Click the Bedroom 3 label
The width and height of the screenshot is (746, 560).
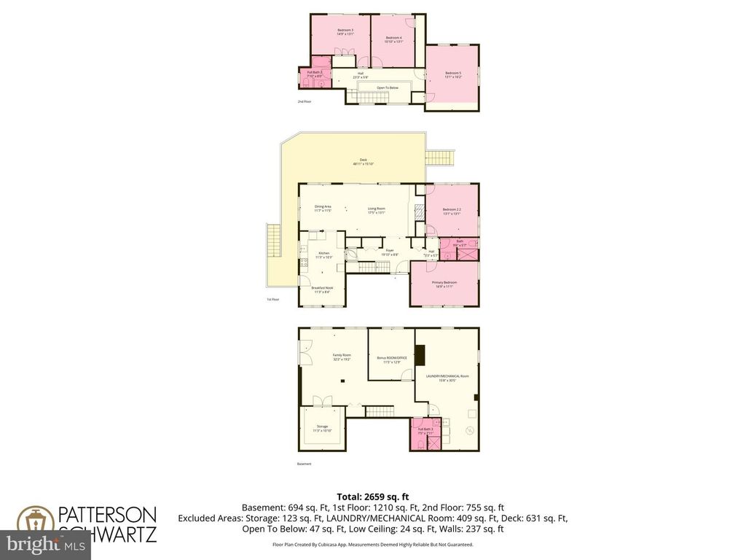click(x=345, y=31)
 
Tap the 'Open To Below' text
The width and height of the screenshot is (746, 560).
click(x=387, y=87)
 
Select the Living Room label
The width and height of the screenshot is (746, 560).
click(x=376, y=209)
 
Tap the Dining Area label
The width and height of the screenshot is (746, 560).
click(x=323, y=209)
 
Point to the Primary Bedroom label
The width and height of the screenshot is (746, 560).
click(x=444, y=284)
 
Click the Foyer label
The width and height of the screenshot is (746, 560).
click(x=390, y=252)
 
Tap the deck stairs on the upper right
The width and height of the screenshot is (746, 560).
click(x=440, y=157)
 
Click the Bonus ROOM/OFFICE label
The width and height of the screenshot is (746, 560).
click(x=390, y=359)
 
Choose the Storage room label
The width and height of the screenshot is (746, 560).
click(x=322, y=428)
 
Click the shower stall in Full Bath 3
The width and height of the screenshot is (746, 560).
click(x=434, y=443)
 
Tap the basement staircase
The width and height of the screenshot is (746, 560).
click(x=380, y=413)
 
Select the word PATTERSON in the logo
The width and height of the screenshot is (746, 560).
click(x=108, y=513)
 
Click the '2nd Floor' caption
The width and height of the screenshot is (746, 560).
click(x=305, y=102)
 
